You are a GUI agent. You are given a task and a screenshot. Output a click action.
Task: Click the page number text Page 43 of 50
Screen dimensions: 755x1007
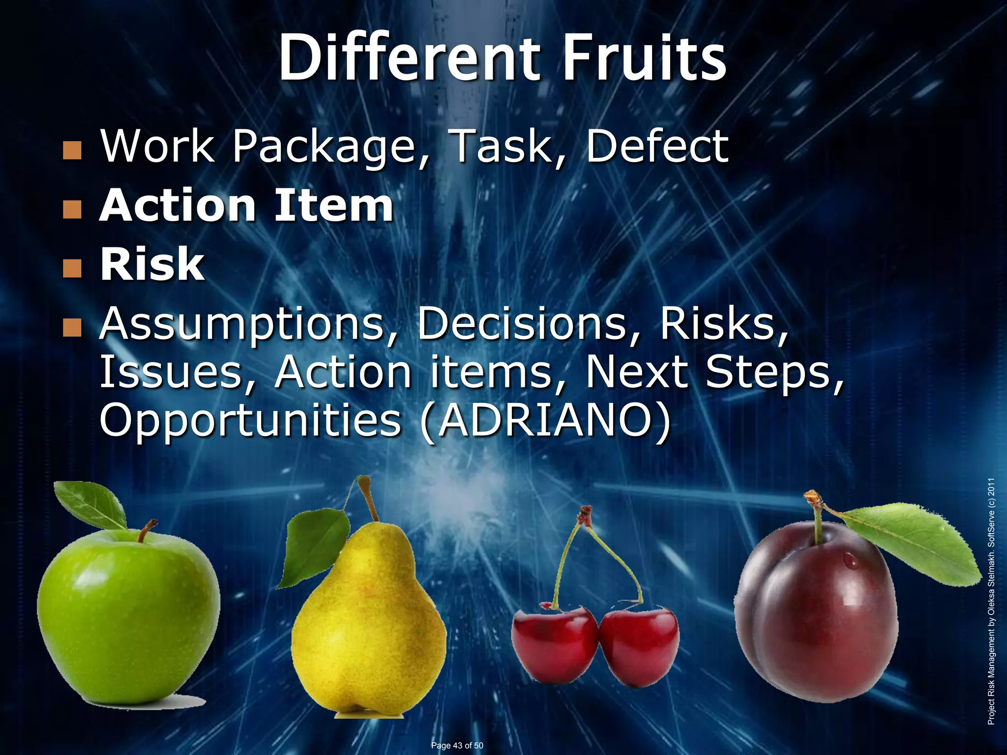point(457,746)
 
